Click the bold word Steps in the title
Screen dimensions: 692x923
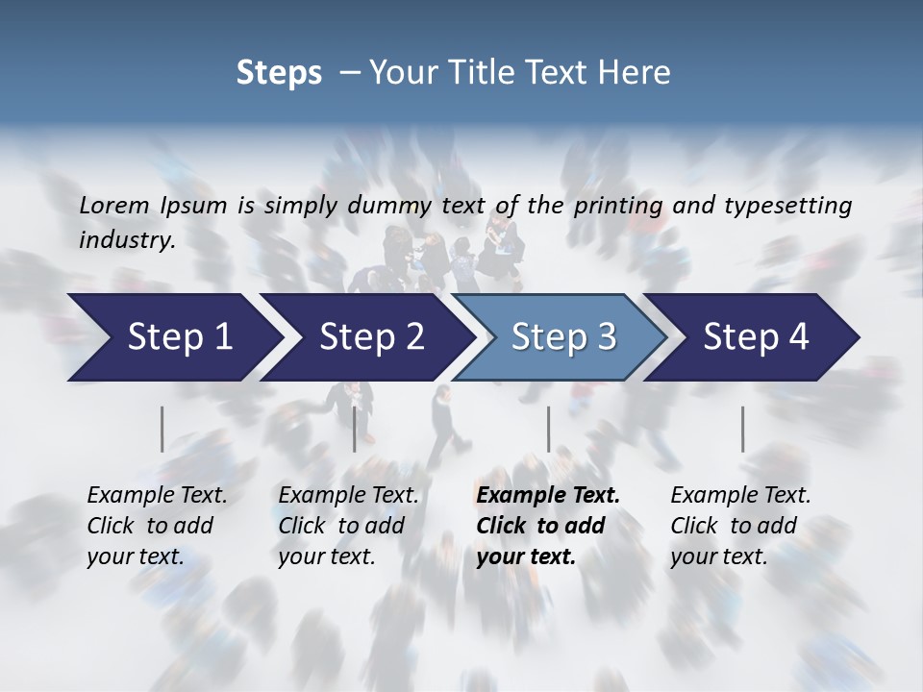(279, 73)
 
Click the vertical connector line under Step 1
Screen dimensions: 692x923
(162, 429)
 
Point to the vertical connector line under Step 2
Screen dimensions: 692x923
(355, 429)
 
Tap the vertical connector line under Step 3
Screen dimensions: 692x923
(548, 429)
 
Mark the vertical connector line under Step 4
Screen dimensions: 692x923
(742, 429)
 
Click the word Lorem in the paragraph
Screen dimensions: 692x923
(114, 205)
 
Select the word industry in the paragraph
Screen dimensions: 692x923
(127, 240)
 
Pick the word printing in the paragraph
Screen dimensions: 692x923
(614, 205)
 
